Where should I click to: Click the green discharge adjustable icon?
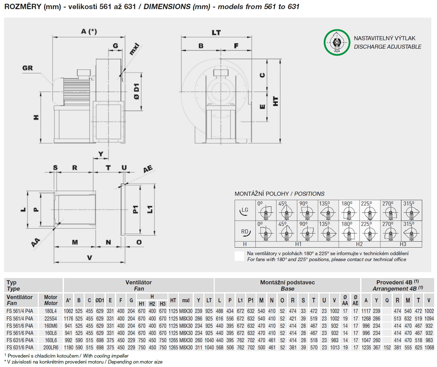pyautogui.click(x=337, y=42)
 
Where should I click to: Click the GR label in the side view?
pyautogui.click(x=28, y=68)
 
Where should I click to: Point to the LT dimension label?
pyautogui.click(x=216, y=32)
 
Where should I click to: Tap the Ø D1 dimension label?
pyautogui.click(x=136, y=92)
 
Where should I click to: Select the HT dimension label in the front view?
pyautogui.click(x=275, y=101)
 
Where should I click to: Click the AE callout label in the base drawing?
pyautogui.click(x=148, y=169)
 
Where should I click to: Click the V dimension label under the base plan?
pyautogui.click(x=90, y=258)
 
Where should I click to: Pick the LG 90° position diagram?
pyautogui.click(x=307, y=211)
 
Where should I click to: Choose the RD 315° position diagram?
pyautogui.click(x=411, y=231)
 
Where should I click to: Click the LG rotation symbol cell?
pyautogui.click(x=245, y=211)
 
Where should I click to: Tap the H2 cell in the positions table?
pyautogui.click(x=359, y=244)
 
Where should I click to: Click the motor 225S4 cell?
pyautogui.click(x=51, y=318)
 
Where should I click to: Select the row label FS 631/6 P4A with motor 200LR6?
pyautogui.click(x=20, y=348)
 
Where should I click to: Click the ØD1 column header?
pyautogui.click(x=100, y=300)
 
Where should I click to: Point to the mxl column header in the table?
pyautogui.click(x=186, y=300)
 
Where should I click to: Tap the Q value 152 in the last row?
pyautogui.click(x=387, y=348)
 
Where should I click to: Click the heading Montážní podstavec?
pyautogui.click(x=287, y=282)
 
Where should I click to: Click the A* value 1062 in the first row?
pyautogui.click(x=68, y=311)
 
